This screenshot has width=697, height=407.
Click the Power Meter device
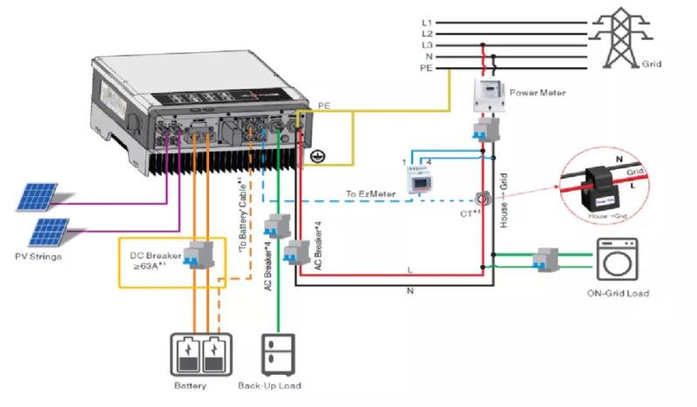(489, 98)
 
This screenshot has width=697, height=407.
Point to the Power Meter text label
(537, 91)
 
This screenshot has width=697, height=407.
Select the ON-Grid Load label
(618, 294)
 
